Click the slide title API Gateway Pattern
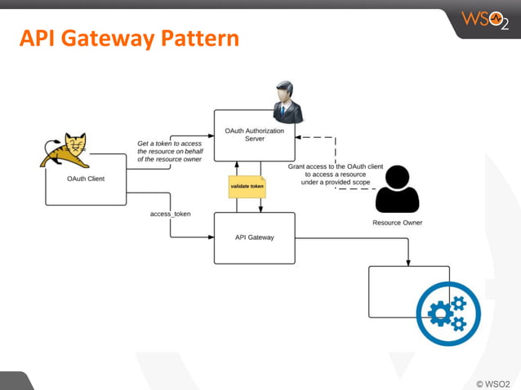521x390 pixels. pyautogui.click(x=129, y=38)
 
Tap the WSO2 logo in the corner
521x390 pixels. pyautogui.click(x=484, y=20)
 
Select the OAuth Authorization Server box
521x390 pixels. pyautogui.click(x=254, y=135)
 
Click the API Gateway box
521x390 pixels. pyautogui.click(x=254, y=237)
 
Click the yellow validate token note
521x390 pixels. pyautogui.click(x=247, y=186)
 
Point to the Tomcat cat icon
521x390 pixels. pyautogui.click(x=66, y=150)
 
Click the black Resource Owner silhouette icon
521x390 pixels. pyautogui.click(x=397, y=189)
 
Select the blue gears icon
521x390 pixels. pyautogui.click(x=448, y=313)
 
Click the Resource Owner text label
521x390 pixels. pyautogui.click(x=397, y=222)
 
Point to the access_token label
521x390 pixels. pyautogui.click(x=170, y=214)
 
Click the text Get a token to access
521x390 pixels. pyautogui.click(x=169, y=144)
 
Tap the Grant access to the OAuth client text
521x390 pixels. pyautogui.click(x=336, y=166)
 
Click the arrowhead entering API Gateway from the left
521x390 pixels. pyautogui.click(x=210, y=237)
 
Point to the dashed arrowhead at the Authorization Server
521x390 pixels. pyautogui.click(x=299, y=138)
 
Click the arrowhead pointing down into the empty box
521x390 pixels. pyautogui.click(x=408, y=262)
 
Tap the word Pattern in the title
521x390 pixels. pyautogui.click(x=200, y=38)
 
